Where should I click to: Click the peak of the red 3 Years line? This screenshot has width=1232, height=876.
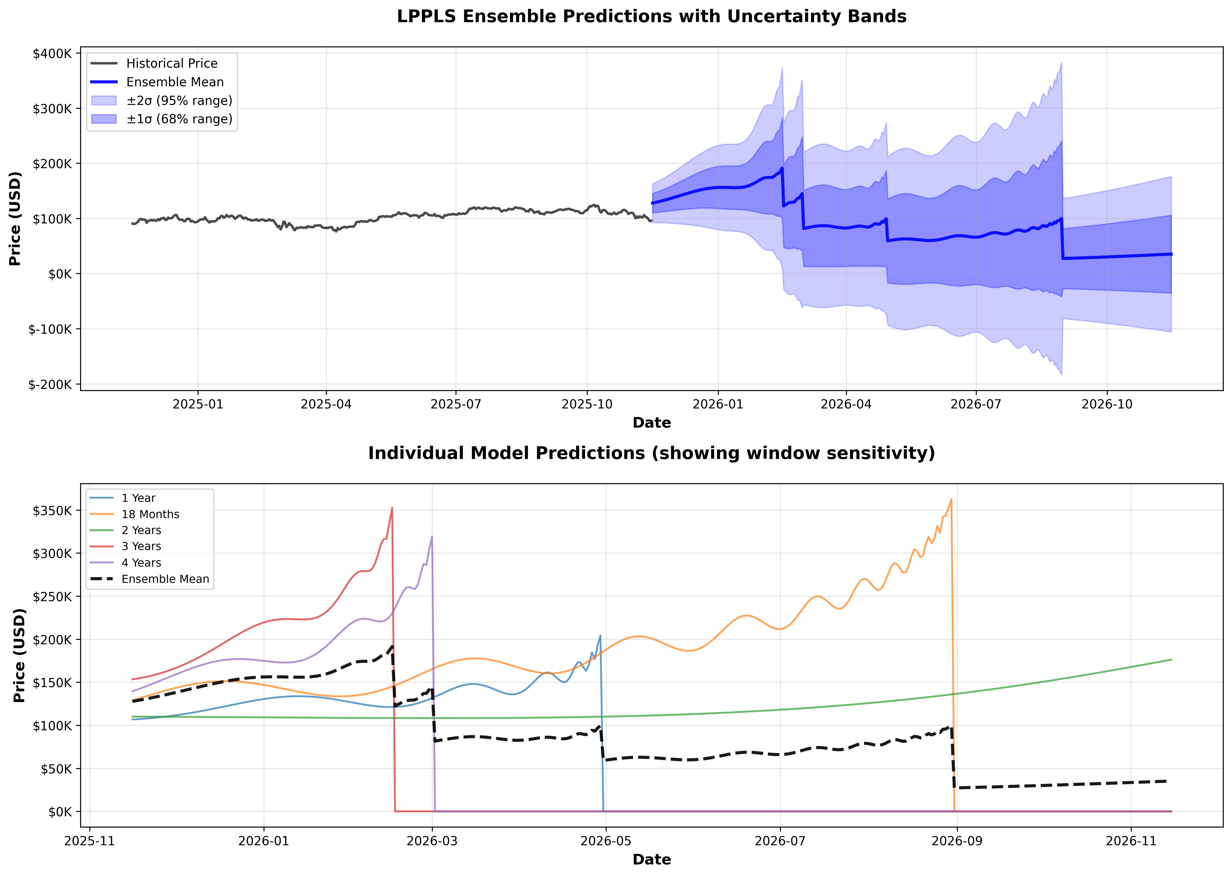pos(392,507)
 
